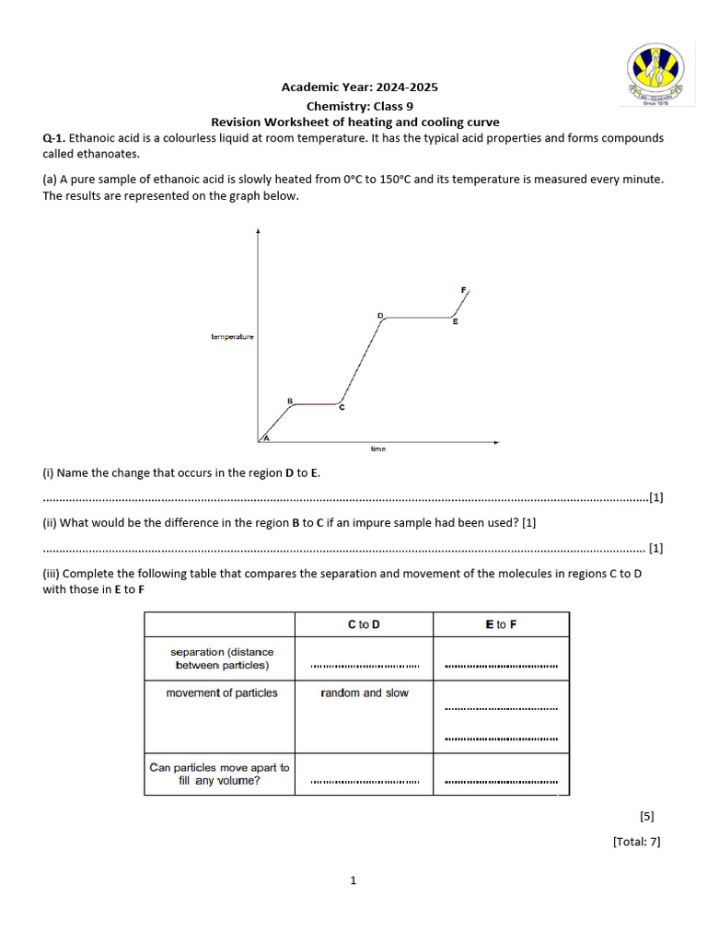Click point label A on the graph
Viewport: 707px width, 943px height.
[266, 439]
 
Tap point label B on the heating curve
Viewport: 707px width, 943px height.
[290, 401]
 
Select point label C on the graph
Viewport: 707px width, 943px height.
[342, 408]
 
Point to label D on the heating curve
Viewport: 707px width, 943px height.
[379, 316]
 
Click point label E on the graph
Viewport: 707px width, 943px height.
[455, 322]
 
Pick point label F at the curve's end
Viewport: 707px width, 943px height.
[463, 290]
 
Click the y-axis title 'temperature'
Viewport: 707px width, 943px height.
[232, 337]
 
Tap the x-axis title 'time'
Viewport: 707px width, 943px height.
[378, 449]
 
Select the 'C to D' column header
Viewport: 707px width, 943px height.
[364, 624]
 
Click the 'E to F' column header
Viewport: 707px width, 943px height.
[501, 624]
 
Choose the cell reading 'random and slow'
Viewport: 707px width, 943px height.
[365, 693]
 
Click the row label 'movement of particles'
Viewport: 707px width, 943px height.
[221, 693]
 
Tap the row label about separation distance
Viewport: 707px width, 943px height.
[221, 658]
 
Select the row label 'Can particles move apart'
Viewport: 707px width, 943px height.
[219, 774]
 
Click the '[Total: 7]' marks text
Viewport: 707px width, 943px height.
[636, 841]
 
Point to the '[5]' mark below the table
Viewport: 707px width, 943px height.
[646, 816]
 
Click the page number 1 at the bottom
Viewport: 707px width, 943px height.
[353, 880]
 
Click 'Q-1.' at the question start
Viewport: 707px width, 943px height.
[54, 138]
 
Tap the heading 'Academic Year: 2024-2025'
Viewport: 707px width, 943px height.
[359, 87]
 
